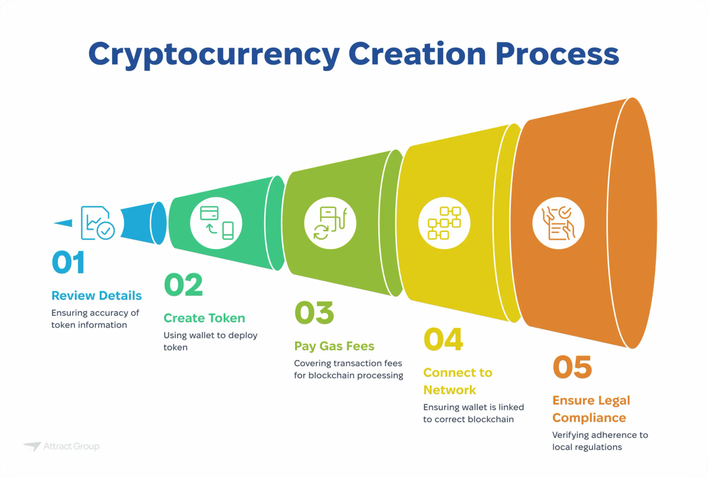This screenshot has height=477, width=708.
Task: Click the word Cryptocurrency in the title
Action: pos(214,54)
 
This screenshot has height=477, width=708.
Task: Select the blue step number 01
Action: pos(68,263)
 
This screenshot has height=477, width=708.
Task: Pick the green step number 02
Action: pos(183,285)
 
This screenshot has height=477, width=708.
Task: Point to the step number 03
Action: pos(314,313)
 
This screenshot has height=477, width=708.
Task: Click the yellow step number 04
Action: pos(444,340)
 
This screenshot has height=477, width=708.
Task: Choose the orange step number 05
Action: pos(572,367)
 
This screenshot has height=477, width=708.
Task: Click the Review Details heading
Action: pos(97,296)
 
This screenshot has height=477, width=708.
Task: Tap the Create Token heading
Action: pos(204,318)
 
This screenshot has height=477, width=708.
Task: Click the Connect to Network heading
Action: pos(458,381)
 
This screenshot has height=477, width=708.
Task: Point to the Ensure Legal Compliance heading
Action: pos(591,409)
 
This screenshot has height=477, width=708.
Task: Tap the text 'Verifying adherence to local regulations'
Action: pos(600,441)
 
